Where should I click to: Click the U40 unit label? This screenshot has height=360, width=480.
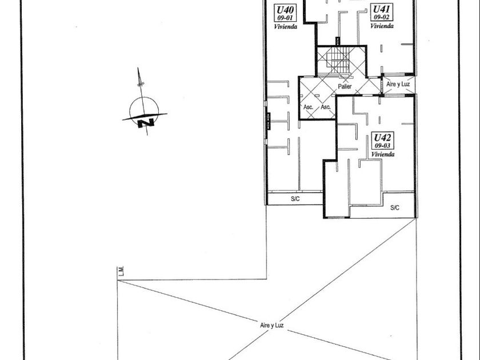tap(285, 10)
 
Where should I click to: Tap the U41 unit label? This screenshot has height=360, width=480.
tap(381, 9)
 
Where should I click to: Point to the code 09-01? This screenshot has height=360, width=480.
tap(285, 18)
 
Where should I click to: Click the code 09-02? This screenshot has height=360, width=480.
tap(381, 17)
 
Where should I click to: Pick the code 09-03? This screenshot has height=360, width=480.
tap(381, 146)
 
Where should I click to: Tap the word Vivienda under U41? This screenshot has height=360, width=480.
tap(381, 26)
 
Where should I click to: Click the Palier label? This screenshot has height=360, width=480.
tap(344, 87)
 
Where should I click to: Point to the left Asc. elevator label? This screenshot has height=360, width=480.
tap(308, 107)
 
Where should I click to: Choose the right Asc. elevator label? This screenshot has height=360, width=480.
tap(326, 107)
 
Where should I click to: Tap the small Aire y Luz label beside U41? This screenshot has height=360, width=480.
tap(398, 84)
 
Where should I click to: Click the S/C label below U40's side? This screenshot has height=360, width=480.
tap(296, 198)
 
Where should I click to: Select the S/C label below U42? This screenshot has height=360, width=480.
tap(394, 208)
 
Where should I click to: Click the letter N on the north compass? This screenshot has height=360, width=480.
tap(146, 122)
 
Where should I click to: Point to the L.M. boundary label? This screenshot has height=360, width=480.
tap(122, 272)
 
